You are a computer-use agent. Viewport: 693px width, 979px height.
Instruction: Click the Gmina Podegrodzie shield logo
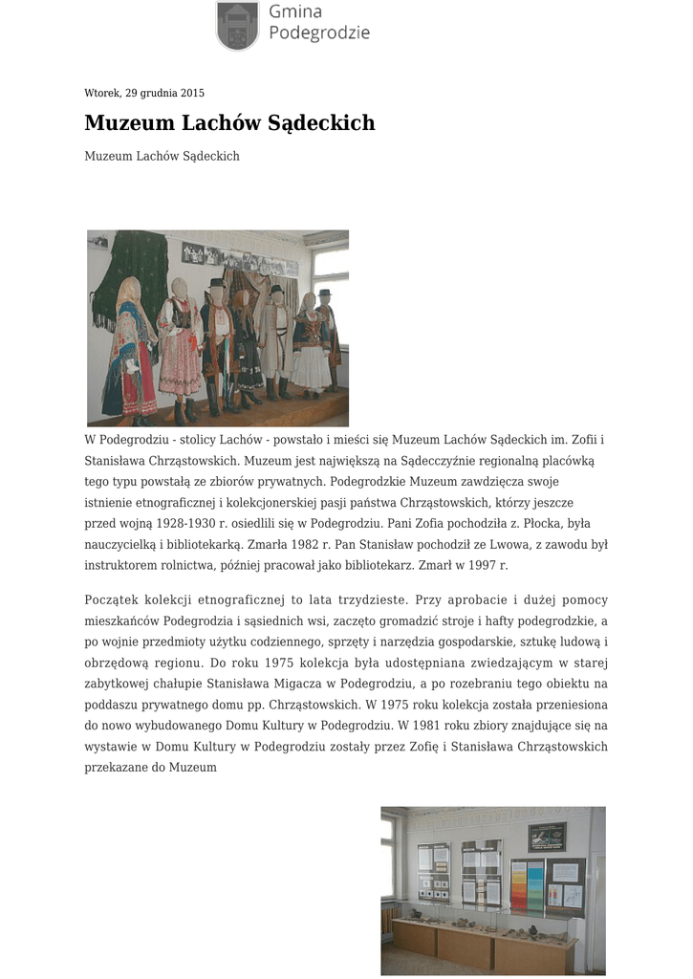[237, 25]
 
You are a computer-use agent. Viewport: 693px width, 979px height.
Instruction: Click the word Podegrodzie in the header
[318, 33]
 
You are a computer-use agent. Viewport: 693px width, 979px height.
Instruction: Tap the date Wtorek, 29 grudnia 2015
[144, 93]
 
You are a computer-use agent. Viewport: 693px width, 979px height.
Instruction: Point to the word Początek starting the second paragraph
[112, 600]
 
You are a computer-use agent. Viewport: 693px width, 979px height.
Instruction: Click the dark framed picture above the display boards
[547, 836]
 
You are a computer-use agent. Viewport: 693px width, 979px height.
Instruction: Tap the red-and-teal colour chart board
[527, 884]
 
